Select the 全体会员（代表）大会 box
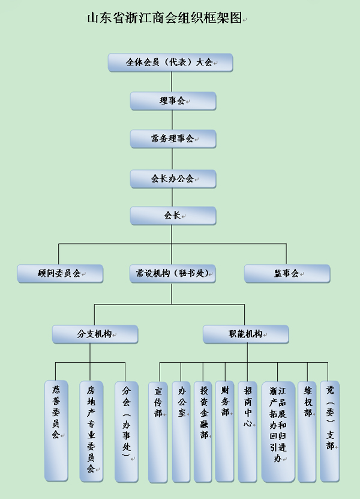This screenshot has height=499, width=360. [x=170, y=62]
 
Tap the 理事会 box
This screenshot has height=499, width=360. [x=173, y=101]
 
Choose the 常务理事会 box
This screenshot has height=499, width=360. [x=173, y=139]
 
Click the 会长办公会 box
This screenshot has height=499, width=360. [x=173, y=178]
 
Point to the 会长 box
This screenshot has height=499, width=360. [x=173, y=216]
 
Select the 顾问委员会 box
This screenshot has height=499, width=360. [x=59, y=274]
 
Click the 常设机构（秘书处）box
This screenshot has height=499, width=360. [x=173, y=274]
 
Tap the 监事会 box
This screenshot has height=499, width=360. [x=287, y=274]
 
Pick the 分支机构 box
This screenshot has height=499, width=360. [x=95, y=334]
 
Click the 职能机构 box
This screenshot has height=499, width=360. [x=245, y=334]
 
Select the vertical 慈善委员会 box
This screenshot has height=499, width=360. [x=56, y=430]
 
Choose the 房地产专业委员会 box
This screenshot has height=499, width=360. [x=91, y=430]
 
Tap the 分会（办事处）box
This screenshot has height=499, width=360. [x=126, y=430]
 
